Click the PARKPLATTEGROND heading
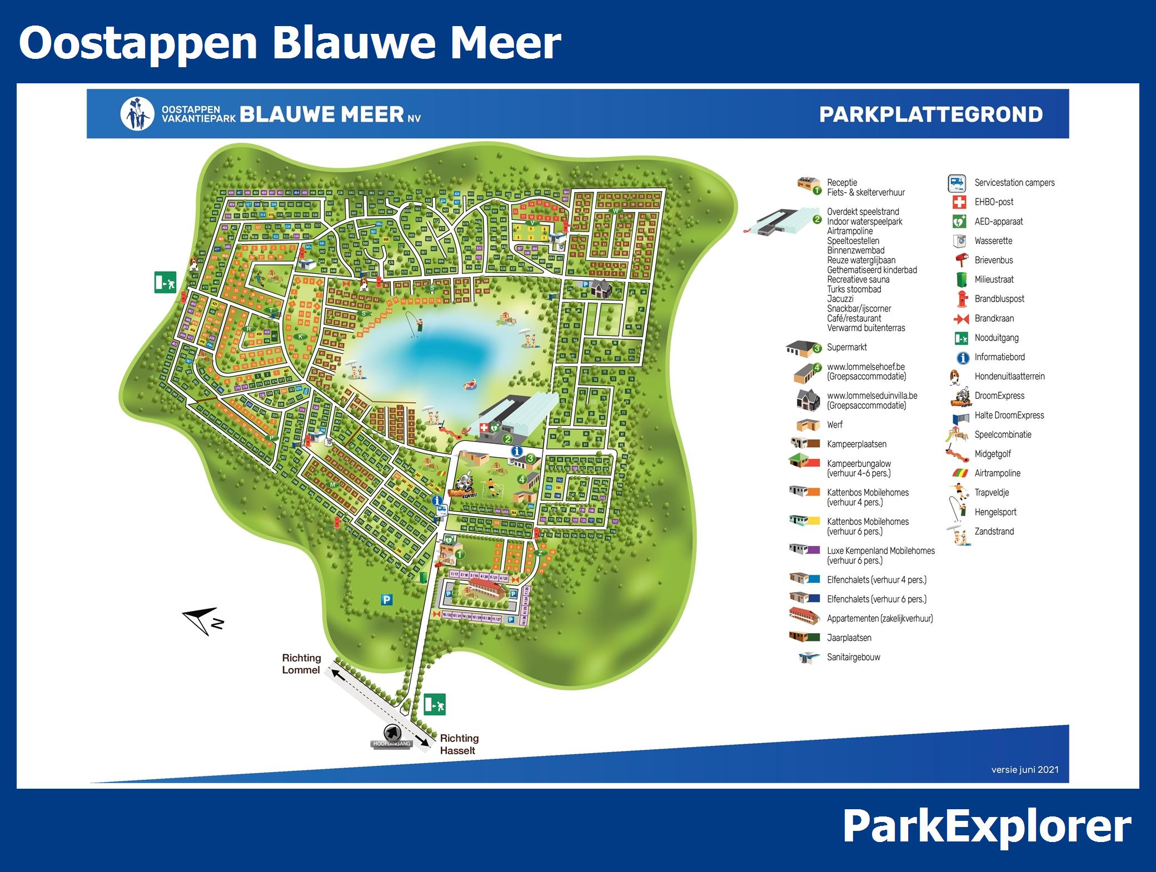930,114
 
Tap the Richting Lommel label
301,664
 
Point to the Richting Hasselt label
459,744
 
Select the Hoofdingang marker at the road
392,737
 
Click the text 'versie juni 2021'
1025,770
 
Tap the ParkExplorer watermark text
986,827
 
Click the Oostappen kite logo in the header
137,114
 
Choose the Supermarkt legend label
846,348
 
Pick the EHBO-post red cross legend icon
959,202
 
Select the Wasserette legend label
993,241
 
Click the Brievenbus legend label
994,260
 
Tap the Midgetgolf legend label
993,454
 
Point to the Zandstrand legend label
994,532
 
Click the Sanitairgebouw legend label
853,658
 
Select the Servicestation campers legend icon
956,183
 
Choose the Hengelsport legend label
995,512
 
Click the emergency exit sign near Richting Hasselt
435,704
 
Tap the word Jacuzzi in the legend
840,299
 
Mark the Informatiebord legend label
999,357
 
